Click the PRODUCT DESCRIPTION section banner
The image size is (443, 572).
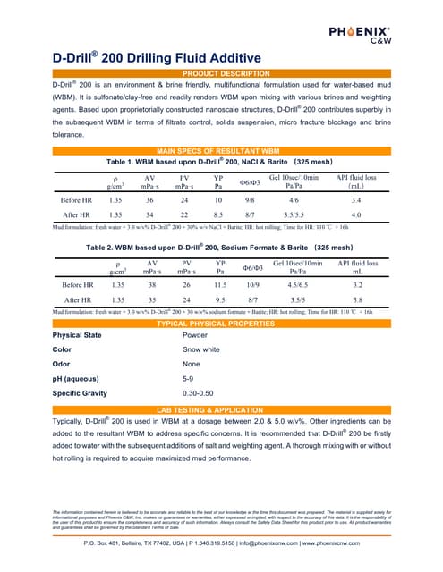point(221,71)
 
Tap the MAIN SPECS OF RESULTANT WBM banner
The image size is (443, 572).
point(221,151)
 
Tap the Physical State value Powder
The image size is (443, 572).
point(194,335)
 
